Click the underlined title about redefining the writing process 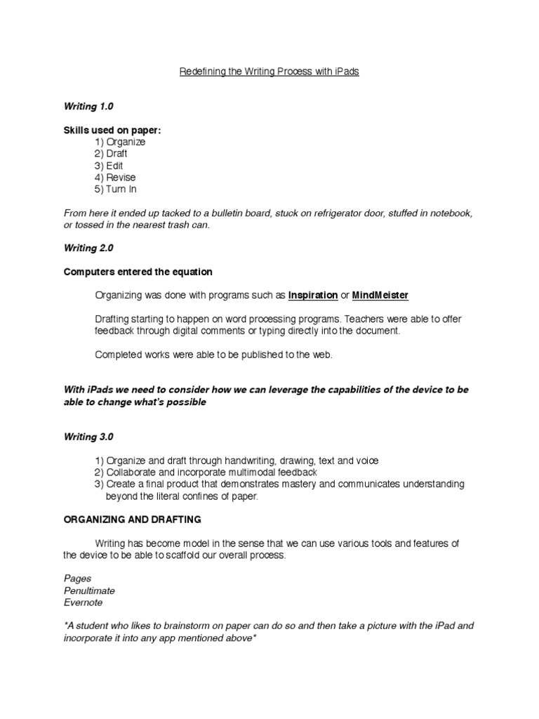(x=269, y=72)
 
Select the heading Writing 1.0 (x=88, y=107)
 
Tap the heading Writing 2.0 (x=88, y=249)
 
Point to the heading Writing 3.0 (x=88, y=437)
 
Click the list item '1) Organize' (x=120, y=142)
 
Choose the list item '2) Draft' (x=111, y=154)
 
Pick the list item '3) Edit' (x=109, y=166)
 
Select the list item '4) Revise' (x=115, y=178)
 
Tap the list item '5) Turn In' (x=116, y=190)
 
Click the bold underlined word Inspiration (x=313, y=296)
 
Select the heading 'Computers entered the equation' (x=138, y=272)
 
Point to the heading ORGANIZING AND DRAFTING (x=133, y=520)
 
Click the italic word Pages (x=77, y=579)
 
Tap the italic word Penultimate (x=89, y=591)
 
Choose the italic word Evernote (x=83, y=602)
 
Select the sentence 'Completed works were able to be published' (x=214, y=355)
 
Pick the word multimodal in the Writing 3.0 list (x=257, y=473)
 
